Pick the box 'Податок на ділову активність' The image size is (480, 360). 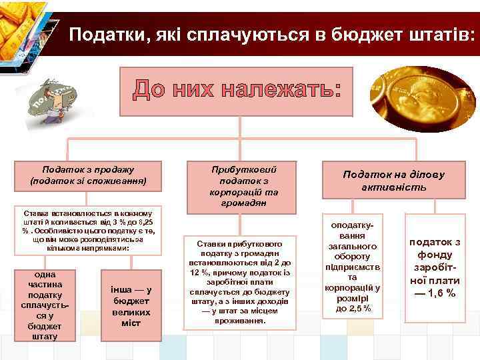coord(393,181)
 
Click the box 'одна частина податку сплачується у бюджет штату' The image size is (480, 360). coord(45,305)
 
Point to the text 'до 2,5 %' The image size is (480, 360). coord(353,309)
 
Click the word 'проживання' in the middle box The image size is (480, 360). coord(239,320)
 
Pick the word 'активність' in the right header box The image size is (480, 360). coord(393,188)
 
